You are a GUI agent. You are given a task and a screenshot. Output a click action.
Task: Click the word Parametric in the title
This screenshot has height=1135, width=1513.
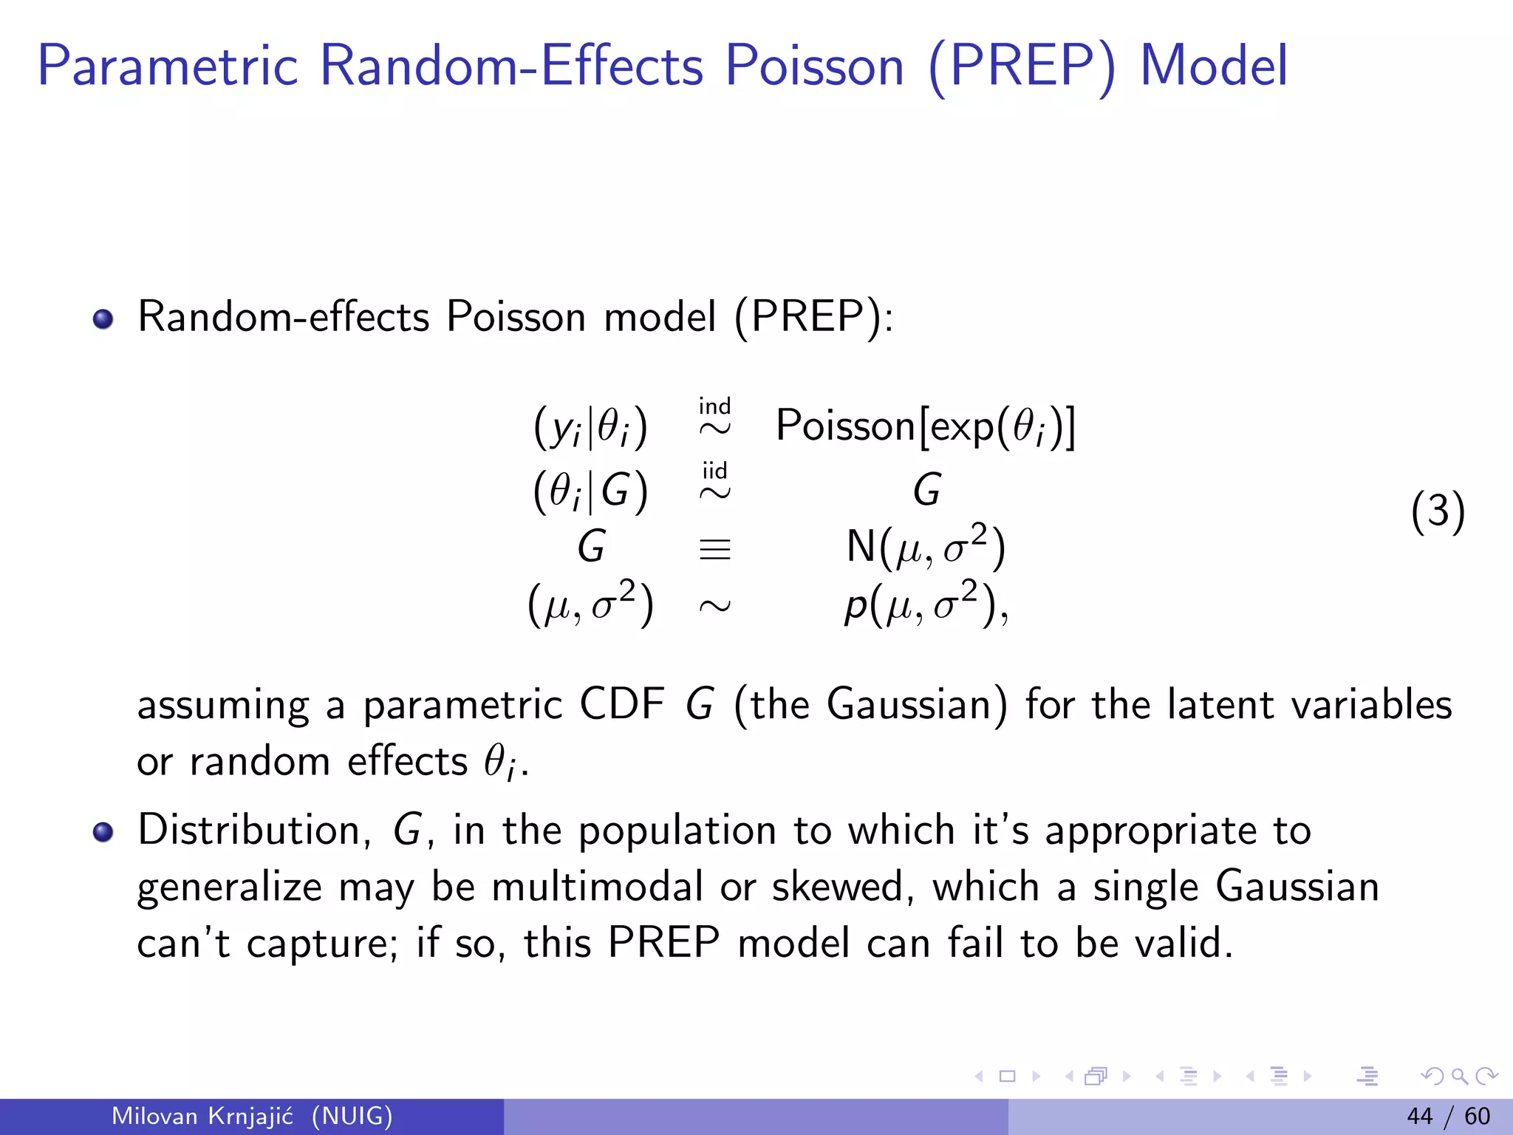[168, 67]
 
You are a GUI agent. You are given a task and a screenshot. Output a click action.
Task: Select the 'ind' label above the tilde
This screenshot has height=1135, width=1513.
[714, 406]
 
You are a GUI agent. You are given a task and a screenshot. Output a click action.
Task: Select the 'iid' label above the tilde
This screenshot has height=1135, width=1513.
[714, 471]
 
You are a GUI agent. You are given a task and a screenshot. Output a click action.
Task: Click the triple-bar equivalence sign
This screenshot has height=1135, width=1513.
[714, 549]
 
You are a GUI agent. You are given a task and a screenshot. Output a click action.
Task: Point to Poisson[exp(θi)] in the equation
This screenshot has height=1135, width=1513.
[925, 426]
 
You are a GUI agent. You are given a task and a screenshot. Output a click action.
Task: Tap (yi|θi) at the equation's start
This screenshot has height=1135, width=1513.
[590, 428]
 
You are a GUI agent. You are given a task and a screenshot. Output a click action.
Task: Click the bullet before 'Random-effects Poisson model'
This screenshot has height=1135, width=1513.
[103, 319]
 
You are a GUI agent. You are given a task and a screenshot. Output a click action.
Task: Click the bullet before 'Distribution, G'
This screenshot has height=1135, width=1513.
[103, 832]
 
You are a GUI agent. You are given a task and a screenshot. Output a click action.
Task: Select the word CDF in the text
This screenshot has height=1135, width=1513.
[621, 703]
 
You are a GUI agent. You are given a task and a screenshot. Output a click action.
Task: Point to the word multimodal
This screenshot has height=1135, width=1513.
[597, 887]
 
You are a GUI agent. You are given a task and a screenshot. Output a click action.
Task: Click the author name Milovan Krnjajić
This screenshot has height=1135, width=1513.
[202, 1116]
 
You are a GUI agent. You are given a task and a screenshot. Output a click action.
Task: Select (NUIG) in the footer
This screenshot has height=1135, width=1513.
[352, 1116]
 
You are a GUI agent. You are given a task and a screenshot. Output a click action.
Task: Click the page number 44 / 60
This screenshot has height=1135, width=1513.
[1448, 1116]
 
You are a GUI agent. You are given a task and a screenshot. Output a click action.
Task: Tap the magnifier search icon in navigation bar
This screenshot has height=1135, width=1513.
[1459, 1077]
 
